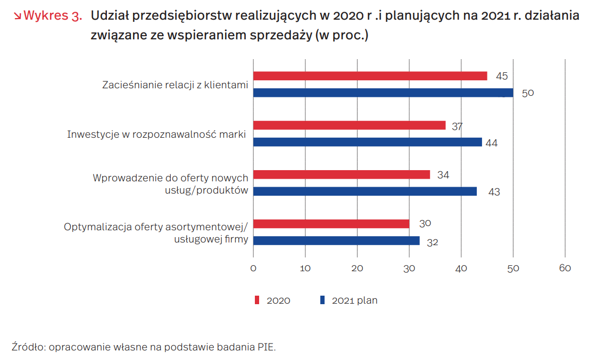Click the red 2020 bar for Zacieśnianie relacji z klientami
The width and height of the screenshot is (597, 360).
coord(370,76)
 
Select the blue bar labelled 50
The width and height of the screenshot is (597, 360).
coord(383,93)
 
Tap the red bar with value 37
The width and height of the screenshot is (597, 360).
coord(350,125)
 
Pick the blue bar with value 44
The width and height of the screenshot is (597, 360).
coord(368,143)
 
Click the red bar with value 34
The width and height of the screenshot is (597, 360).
coord(342,174)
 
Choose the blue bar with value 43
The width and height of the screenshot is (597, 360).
coord(365,191)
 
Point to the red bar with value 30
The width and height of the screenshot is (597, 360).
coord(331,224)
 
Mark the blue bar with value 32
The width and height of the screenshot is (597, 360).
coord(337,240)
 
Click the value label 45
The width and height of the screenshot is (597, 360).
coord(502,76)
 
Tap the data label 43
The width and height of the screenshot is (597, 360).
coord(494,192)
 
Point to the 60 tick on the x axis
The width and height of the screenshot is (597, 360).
coord(565,269)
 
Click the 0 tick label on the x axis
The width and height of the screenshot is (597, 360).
coord(253,269)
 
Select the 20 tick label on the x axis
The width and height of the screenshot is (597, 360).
coord(357,269)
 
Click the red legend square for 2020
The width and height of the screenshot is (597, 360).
coord(257,300)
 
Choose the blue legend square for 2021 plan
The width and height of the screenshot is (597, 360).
coord(322,300)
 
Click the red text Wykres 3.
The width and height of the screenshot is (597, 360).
coord(53,15)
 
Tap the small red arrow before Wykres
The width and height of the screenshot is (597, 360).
coord(17,16)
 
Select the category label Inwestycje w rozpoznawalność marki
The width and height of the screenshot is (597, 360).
coord(156,135)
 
